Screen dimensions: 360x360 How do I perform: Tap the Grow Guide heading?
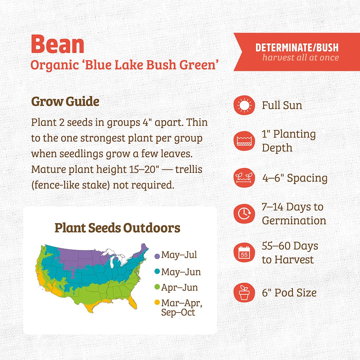pyautogui.click(x=65, y=101)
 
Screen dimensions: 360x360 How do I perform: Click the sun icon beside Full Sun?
pyautogui.click(x=244, y=105)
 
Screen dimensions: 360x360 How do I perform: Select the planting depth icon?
pyautogui.click(x=244, y=141)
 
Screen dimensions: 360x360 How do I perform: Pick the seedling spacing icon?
pyautogui.click(x=244, y=178)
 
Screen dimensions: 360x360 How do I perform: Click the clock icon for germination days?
pyautogui.click(x=244, y=214)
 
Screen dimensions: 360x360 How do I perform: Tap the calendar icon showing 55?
pyautogui.click(x=244, y=253)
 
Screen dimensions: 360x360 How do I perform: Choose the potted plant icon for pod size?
pyautogui.click(x=244, y=293)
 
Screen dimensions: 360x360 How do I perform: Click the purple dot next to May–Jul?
pyautogui.click(x=157, y=256)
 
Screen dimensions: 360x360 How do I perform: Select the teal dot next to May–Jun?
pyautogui.click(x=157, y=272)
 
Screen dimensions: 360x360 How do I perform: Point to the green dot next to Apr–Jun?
pyautogui.click(x=157, y=287)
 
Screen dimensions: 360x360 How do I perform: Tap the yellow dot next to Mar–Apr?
pyautogui.click(x=157, y=302)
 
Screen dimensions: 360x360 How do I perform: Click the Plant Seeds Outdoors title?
pyautogui.click(x=117, y=228)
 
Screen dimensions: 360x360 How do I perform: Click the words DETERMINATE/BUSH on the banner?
pyautogui.click(x=297, y=48)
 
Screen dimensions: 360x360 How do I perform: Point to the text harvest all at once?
pyautogui.click(x=301, y=57)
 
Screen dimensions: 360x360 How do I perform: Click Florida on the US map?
pyautogui.click(x=133, y=302)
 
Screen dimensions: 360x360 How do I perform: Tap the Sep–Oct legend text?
pyautogui.click(x=178, y=312)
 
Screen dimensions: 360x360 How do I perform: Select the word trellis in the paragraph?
pyautogui.click(x=189, y=169)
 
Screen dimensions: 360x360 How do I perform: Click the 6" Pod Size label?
pyautogui.click(x=289, y=293)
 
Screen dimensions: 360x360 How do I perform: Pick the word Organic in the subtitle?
pyautogui.click(x=55, y=65)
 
